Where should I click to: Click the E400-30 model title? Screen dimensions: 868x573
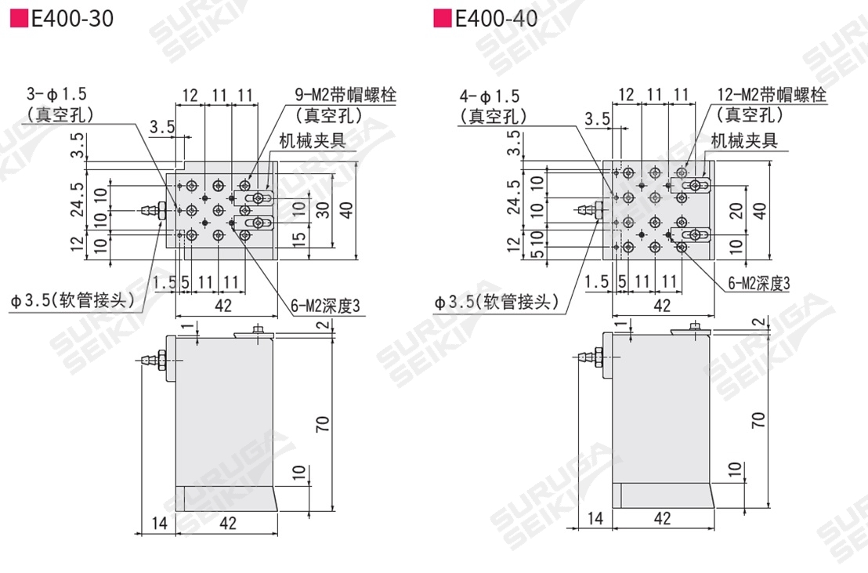pyautogui.click(x=72, y=19)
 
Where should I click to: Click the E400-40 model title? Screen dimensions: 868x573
pyautogui.click(x=496, y=19)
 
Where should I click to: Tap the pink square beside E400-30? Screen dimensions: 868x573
pyautogui.click(x=20, y=19)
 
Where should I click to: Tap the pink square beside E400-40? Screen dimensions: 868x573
pyautogui.click(x=443, y=19)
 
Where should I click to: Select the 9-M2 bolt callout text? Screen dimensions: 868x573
pyautogui.click(x=346, y=95)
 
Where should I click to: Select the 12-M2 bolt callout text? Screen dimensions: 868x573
pyautogui.click(x=771, y=95)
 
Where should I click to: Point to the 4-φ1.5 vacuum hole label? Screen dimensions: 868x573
pyautogui.click(x=490, y=96)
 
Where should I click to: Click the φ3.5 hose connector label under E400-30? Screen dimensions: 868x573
pyautogui.click(x=73, y=300)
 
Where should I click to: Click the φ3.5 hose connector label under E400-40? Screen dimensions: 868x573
pyautogui.click(x=497, y=302)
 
